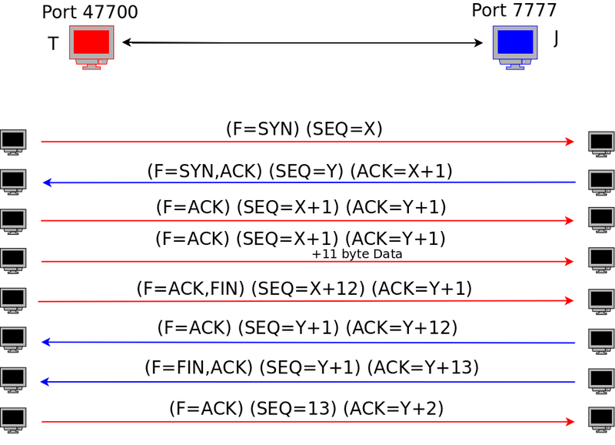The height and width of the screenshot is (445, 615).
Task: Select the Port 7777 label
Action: coord(514,11)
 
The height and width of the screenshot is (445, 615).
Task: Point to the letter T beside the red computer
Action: coord(53,44)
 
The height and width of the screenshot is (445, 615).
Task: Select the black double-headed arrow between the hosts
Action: coord(302,43)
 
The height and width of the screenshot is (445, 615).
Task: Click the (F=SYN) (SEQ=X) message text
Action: coord(304,129)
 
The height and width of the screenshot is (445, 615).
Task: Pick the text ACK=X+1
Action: coord(401,171)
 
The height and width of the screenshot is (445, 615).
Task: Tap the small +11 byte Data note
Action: coord(357,254)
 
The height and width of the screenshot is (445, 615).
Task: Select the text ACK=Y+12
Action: coord(401,328)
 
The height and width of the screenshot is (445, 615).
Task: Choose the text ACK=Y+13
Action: coord(423,368)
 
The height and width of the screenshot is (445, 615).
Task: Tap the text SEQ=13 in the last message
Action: coord(296,409)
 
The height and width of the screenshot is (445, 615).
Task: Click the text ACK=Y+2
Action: coord(394,409)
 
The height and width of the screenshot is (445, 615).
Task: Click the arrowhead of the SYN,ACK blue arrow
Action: coord(46,182)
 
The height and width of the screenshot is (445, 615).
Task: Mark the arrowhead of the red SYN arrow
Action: coord(570,142)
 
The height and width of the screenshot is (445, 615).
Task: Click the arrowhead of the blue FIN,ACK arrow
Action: coord(45,381)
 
